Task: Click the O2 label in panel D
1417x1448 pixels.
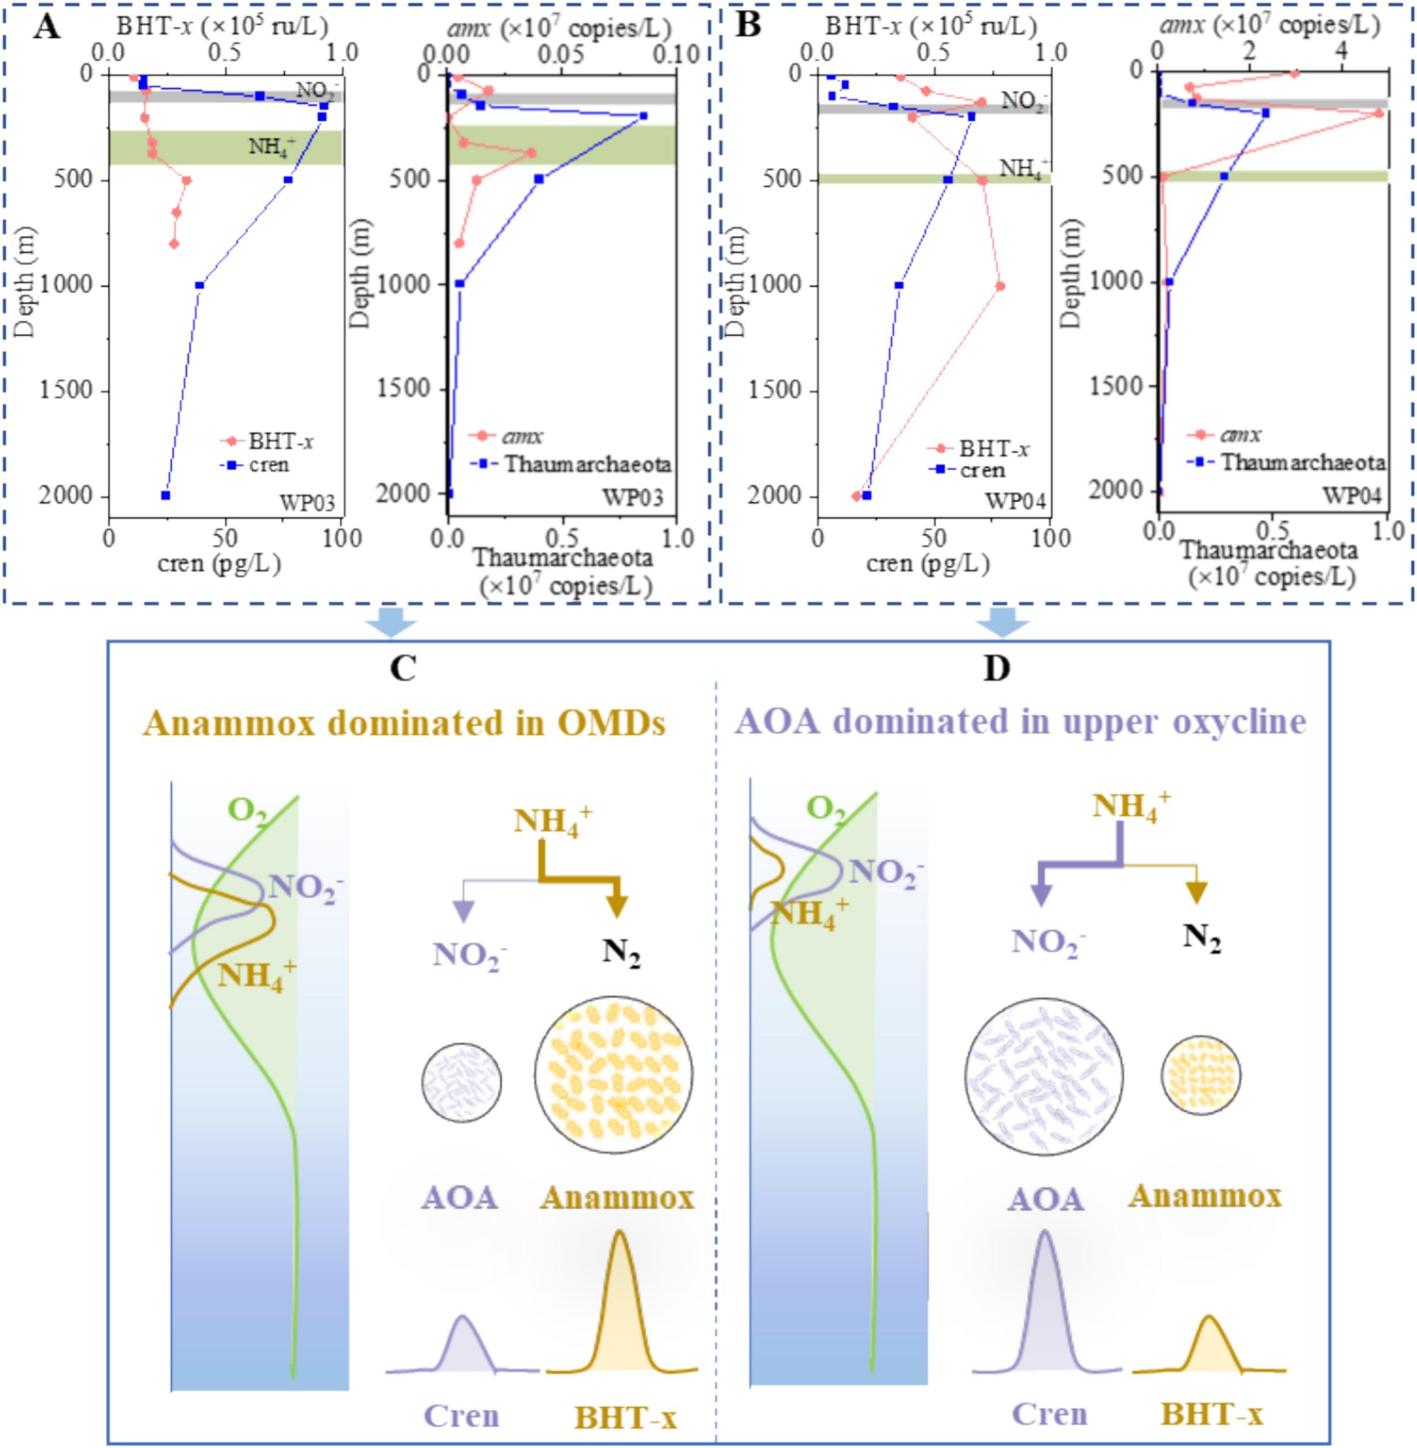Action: coord(827,807)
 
